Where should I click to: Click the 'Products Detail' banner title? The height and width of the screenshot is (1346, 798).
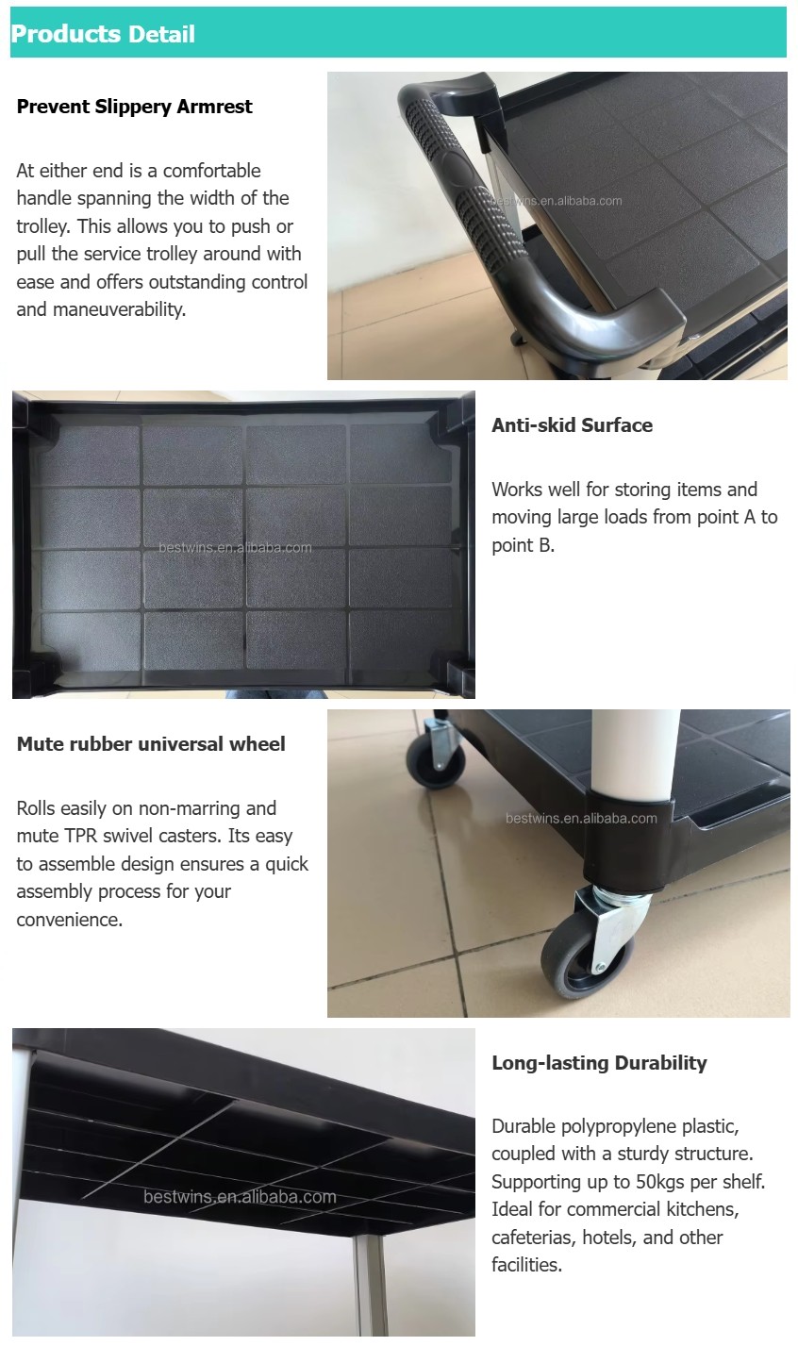(103, 34)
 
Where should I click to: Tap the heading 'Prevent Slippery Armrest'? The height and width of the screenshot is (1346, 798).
(135, 107)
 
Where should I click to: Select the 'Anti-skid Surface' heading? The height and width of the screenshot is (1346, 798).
(572, 425)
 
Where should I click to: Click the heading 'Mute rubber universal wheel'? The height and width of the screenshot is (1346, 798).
(151, 744)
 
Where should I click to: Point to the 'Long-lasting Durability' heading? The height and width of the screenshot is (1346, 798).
(599, 1063)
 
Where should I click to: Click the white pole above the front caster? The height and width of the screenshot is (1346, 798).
(635, 755)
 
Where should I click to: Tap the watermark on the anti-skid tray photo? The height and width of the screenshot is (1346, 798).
(235, 548)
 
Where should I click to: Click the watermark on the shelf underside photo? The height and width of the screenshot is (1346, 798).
(240, 1197)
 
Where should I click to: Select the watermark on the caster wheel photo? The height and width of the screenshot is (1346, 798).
(581, 819)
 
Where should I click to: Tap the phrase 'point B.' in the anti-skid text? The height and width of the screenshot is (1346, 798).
(523, 545)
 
